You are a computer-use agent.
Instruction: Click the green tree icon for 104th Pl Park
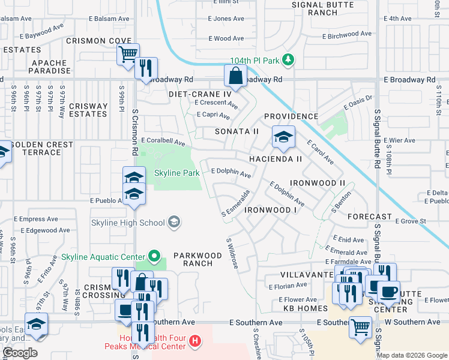[289, 59]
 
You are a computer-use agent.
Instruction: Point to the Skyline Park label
[176, 173]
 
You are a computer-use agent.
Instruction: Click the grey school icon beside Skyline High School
[174, 223]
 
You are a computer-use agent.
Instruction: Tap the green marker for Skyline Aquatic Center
[155, 257]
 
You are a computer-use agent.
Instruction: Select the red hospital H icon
[194, 341]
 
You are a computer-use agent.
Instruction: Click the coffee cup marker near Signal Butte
[388, 292]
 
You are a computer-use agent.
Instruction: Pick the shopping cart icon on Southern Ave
[360, 328]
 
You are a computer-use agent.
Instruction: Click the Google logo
[19, 353]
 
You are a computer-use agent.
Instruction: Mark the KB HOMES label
[304, 308]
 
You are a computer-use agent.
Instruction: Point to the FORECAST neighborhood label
[369, 217]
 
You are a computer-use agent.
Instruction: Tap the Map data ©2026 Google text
[411, 355]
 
